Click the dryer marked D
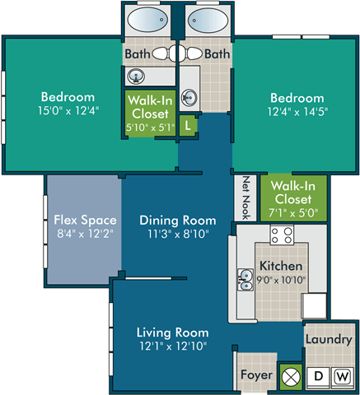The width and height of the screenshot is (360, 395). click(318, 376)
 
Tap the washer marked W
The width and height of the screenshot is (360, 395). click(343, 376)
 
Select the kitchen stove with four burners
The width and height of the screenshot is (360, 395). click(282, 235)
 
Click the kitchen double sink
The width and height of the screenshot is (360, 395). click(245, 280)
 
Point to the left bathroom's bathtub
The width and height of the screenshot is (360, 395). click(147, 20)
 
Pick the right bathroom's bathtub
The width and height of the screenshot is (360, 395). click(208, 20)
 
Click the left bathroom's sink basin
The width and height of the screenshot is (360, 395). click(136, 76)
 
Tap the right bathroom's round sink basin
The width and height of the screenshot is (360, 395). click(189, 97)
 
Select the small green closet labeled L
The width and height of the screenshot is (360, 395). click(188, 126)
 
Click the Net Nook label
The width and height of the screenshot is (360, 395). click(245, 198)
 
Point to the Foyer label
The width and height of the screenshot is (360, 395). click(257, 375)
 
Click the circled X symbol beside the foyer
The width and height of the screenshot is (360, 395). click(292, 376)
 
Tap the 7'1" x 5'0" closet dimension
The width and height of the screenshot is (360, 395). click(293, 213)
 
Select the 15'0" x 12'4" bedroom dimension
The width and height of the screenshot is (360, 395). click(68, 110)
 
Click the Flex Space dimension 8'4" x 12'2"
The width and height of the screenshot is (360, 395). click(85, 234)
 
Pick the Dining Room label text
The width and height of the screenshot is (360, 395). click(178, 221)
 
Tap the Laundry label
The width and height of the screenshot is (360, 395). click(329, 340)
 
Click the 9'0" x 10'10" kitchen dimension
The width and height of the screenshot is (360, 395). click(281, 280)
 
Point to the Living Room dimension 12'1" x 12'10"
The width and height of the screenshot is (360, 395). click(173, 346)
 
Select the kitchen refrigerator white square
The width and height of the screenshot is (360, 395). click(315, 306)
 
